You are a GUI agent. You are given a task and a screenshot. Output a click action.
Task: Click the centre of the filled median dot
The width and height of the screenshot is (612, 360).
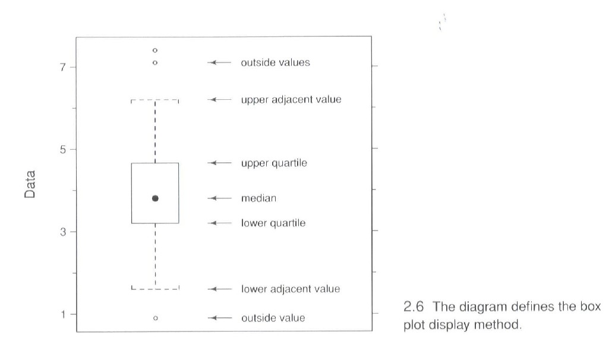(155, 198)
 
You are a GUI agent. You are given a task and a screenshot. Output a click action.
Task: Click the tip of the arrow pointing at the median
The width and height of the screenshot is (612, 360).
(208, 198)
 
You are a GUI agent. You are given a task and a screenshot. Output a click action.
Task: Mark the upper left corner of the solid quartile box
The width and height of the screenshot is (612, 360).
(132, 163)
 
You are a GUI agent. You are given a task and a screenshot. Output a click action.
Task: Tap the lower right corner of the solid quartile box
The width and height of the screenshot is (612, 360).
(179, 223)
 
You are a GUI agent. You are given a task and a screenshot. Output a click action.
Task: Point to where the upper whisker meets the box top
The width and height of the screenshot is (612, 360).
(155, 163)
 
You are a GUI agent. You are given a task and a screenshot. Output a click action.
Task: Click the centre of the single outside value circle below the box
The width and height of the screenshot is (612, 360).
(155, 318)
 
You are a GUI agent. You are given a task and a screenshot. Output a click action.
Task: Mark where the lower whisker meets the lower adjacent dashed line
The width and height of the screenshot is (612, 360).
(155, 289)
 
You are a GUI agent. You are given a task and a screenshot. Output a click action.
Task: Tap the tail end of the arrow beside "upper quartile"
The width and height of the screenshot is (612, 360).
(232, 163)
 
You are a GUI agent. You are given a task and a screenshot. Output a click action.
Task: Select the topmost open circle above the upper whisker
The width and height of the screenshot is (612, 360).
(155, 50)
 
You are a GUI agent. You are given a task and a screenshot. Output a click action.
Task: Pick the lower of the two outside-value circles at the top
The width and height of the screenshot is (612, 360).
(155, 62)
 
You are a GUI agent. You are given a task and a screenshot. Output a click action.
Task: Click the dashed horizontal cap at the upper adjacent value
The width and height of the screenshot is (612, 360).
(155, 100)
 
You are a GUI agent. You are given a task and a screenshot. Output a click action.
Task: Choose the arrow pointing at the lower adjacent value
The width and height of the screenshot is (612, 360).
(220, 289)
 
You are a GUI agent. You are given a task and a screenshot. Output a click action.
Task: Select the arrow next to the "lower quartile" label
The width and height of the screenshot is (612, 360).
(220, 223)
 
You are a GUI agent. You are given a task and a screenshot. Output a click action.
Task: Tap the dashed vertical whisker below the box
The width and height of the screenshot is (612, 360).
(155, 256)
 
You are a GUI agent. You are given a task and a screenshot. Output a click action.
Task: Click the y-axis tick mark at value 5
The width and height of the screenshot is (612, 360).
(73, 149)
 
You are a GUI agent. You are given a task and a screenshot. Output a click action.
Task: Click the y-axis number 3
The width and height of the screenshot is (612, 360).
(63, 232)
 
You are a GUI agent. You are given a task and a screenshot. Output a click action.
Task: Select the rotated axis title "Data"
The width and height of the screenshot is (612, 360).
(30, 185)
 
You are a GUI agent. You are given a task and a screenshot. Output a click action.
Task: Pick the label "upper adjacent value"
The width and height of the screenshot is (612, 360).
(291, 100)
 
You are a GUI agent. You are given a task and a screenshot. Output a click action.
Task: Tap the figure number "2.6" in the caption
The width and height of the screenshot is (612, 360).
(414, 307)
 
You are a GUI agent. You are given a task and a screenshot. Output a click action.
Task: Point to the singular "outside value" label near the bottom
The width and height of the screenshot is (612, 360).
(273, 318)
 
